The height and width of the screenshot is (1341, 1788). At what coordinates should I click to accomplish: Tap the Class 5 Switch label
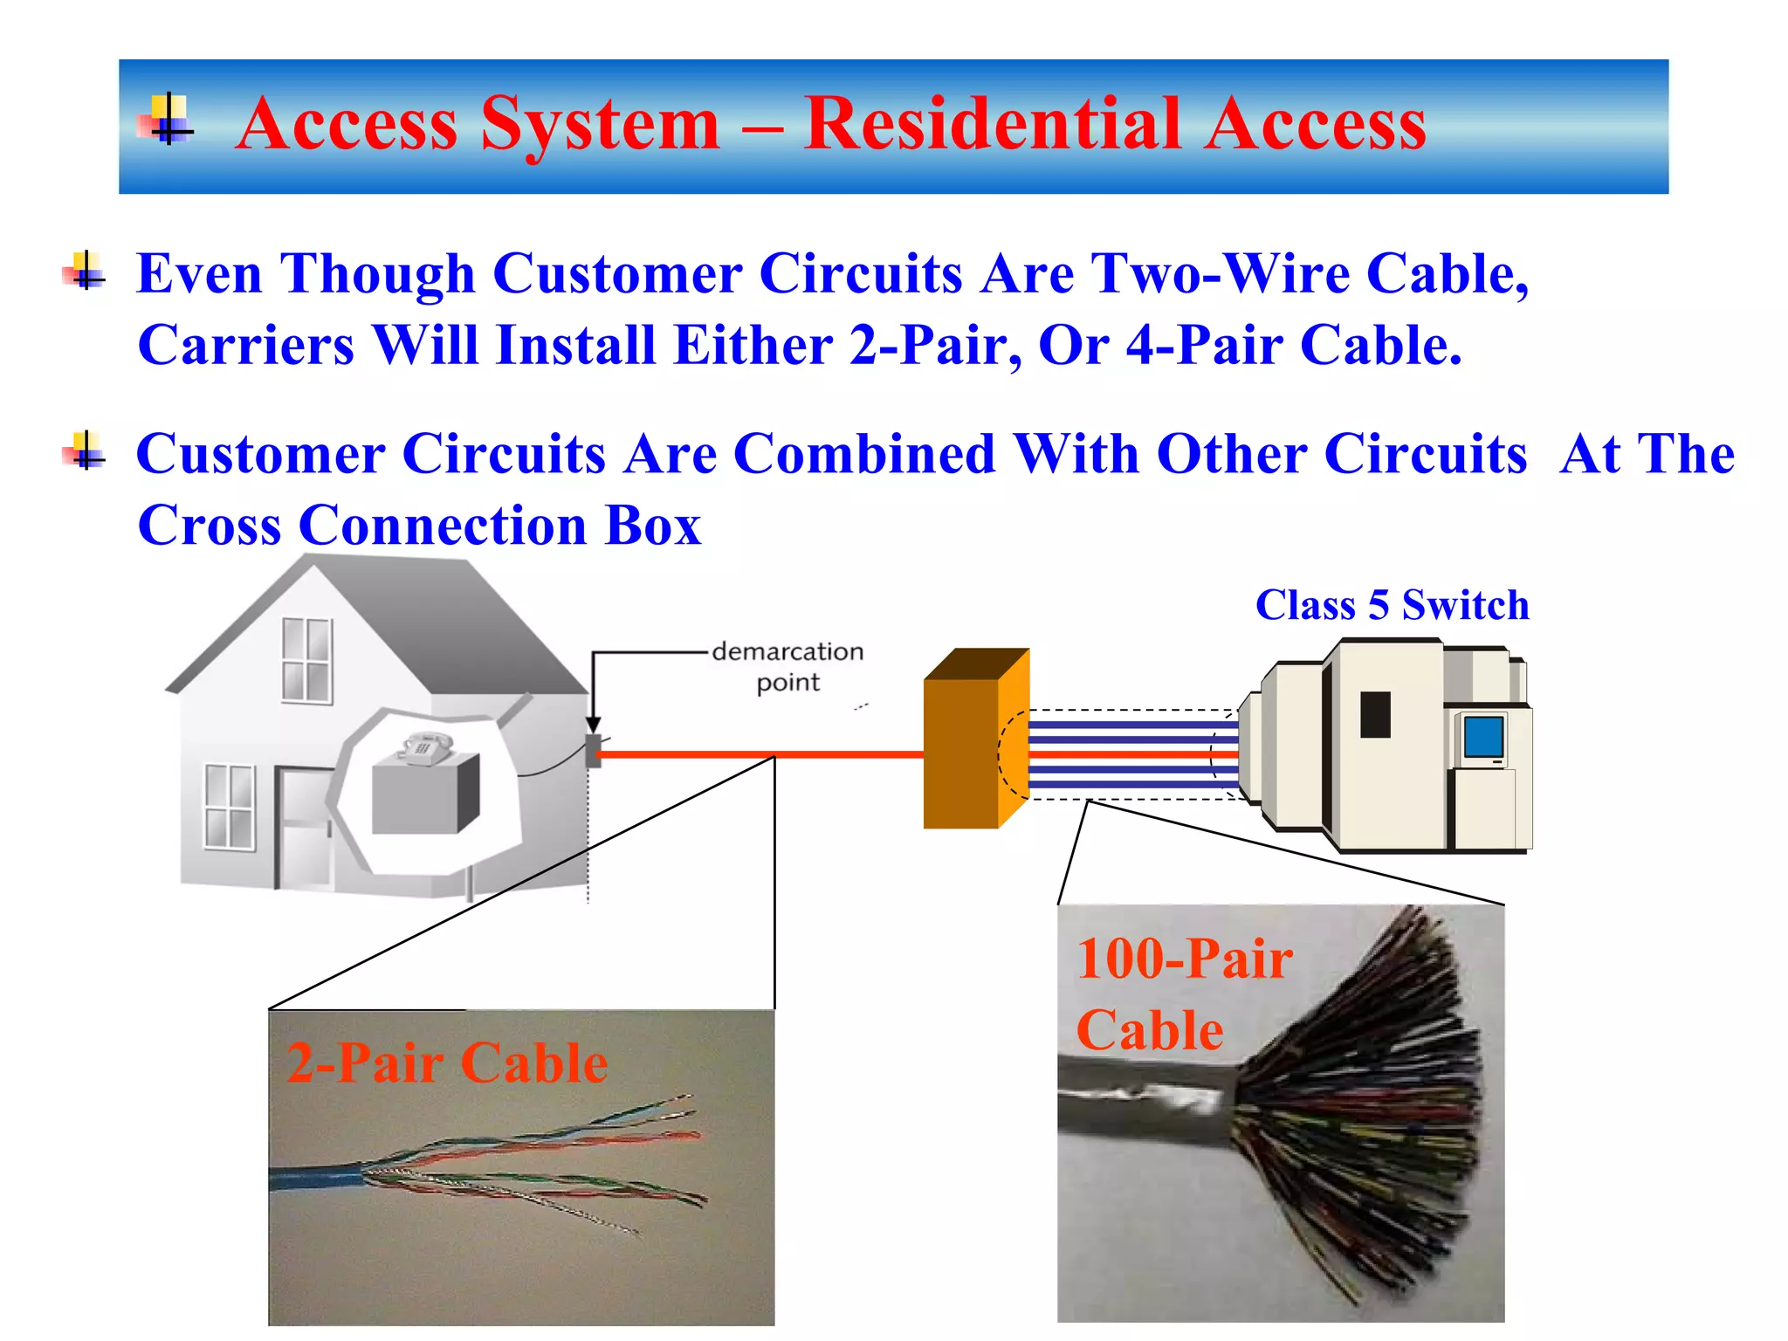1392,605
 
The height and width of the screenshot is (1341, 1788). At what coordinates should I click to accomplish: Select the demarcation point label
787,667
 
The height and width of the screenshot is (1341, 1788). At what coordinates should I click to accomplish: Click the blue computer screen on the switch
1483,736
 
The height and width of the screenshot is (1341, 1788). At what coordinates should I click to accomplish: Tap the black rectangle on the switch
1375,714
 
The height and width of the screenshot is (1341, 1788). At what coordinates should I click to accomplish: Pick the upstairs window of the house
307,661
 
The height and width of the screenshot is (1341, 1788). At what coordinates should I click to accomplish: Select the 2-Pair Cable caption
447,1063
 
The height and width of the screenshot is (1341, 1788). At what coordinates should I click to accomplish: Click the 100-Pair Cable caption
1183,994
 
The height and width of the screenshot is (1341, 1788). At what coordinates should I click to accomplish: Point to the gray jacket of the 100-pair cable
1135,1109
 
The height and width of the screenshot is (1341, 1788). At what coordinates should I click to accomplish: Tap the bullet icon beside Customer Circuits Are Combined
85,452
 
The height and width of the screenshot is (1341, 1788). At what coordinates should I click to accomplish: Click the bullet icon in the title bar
166,120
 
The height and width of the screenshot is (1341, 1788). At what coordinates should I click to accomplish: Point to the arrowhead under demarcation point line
593,726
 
